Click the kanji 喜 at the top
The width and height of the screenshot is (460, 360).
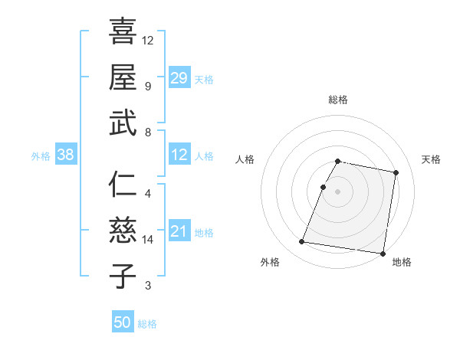tap(123, 31)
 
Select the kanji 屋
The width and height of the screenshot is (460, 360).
tap(123, 77)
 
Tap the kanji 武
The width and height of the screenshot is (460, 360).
tap(123, 123)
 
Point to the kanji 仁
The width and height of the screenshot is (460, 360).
tap(123, 185)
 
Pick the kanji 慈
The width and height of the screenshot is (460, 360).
tap(123, 231)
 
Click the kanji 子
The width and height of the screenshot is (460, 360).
tap(123, 276)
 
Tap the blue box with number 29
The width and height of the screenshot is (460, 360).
tap(179, 77)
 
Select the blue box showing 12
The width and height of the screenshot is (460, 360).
tap(179, 155)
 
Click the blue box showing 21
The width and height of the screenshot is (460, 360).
tap(179, 231)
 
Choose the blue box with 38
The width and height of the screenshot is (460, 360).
tap(66, 155)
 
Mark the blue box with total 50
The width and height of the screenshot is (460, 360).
tap(123, 322)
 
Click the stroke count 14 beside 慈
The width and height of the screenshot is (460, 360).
tap(148, 240)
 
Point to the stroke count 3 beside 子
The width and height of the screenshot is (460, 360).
tap(148, 286)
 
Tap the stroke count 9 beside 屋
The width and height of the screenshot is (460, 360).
tap(148, 86)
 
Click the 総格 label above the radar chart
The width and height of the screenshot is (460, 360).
tap(338, 100)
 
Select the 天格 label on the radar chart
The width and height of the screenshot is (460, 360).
tap(431, 159)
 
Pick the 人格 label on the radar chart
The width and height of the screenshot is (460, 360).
tap(245, 159)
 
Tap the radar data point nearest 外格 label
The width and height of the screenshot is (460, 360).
tap(301, 242)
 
